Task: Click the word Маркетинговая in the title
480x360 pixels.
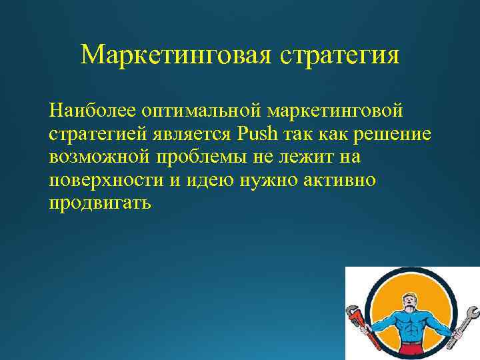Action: [174, 55]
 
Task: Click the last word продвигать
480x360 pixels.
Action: [100, 204]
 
